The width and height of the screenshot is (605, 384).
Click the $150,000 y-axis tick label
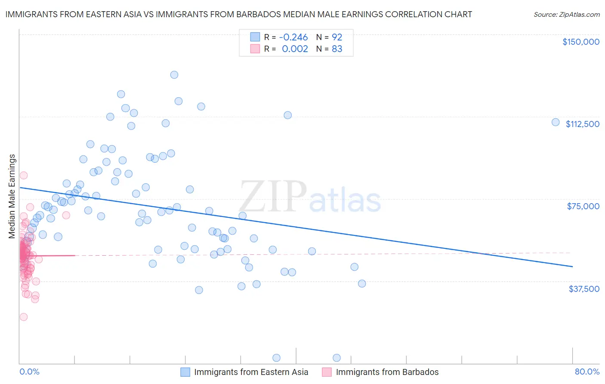[x=580, y=42]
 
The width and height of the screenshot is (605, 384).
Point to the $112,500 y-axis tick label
[x=582, y=124]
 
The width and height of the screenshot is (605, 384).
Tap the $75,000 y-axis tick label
[x=583, y=206]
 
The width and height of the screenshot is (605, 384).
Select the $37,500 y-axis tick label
[x=584, y=288]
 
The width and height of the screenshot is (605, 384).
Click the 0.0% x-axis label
[x=29, y=372]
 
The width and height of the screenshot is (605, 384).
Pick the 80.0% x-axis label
[x=587, y=372]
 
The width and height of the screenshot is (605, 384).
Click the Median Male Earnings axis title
[x=12, y=196]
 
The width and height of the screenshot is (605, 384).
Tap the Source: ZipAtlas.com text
[x=566, y=14]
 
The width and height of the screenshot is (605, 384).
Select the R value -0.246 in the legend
[x=293, y=37]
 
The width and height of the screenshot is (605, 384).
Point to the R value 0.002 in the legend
[x=295, y=49]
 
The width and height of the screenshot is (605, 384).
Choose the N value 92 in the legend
[x=337, y=37]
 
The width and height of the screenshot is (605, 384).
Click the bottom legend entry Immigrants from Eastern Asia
[x=251, y=372]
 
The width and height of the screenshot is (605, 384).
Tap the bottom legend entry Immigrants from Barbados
[x=387, y=372]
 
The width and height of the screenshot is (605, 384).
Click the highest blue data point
[x=174, y=74]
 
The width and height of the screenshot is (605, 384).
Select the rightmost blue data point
[x=556, y=122]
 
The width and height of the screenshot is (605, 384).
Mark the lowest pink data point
[x=24, y=317]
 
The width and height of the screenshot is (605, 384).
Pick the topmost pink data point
[x=24, y=175]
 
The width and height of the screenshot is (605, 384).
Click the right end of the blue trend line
[x=572, y=266]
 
